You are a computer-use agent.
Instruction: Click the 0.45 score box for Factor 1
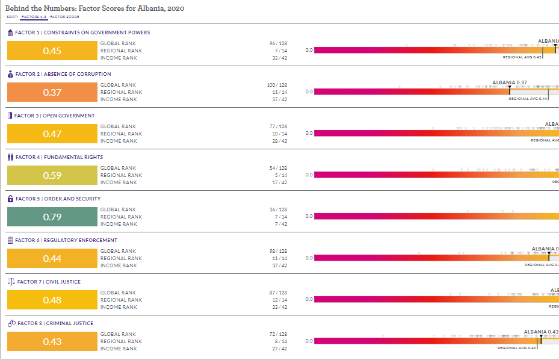[52, 51]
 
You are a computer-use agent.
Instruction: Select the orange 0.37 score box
[52, 92]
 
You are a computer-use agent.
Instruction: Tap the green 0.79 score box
[52, 217]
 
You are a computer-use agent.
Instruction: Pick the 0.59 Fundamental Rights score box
[52, 175]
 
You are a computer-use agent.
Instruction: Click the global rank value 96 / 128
[278, 43]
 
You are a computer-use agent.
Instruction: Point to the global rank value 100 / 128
[277, 85]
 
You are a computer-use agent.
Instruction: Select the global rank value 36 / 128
[278, 209]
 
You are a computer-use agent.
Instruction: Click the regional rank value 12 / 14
[280, 300]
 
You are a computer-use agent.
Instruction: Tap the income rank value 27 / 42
[280, 349]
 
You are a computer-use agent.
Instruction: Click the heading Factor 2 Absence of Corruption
[55, 74]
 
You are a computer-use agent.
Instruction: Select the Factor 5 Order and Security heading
[58, 199]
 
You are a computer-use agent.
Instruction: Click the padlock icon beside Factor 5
[10, 199]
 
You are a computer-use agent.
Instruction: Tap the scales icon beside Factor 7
[11, 282]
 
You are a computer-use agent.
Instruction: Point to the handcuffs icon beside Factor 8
[11, 323]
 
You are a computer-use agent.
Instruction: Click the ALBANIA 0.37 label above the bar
[510, 82]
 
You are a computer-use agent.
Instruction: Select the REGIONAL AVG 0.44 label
[528, 99]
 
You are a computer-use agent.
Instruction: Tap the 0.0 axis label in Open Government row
[309, 133]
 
